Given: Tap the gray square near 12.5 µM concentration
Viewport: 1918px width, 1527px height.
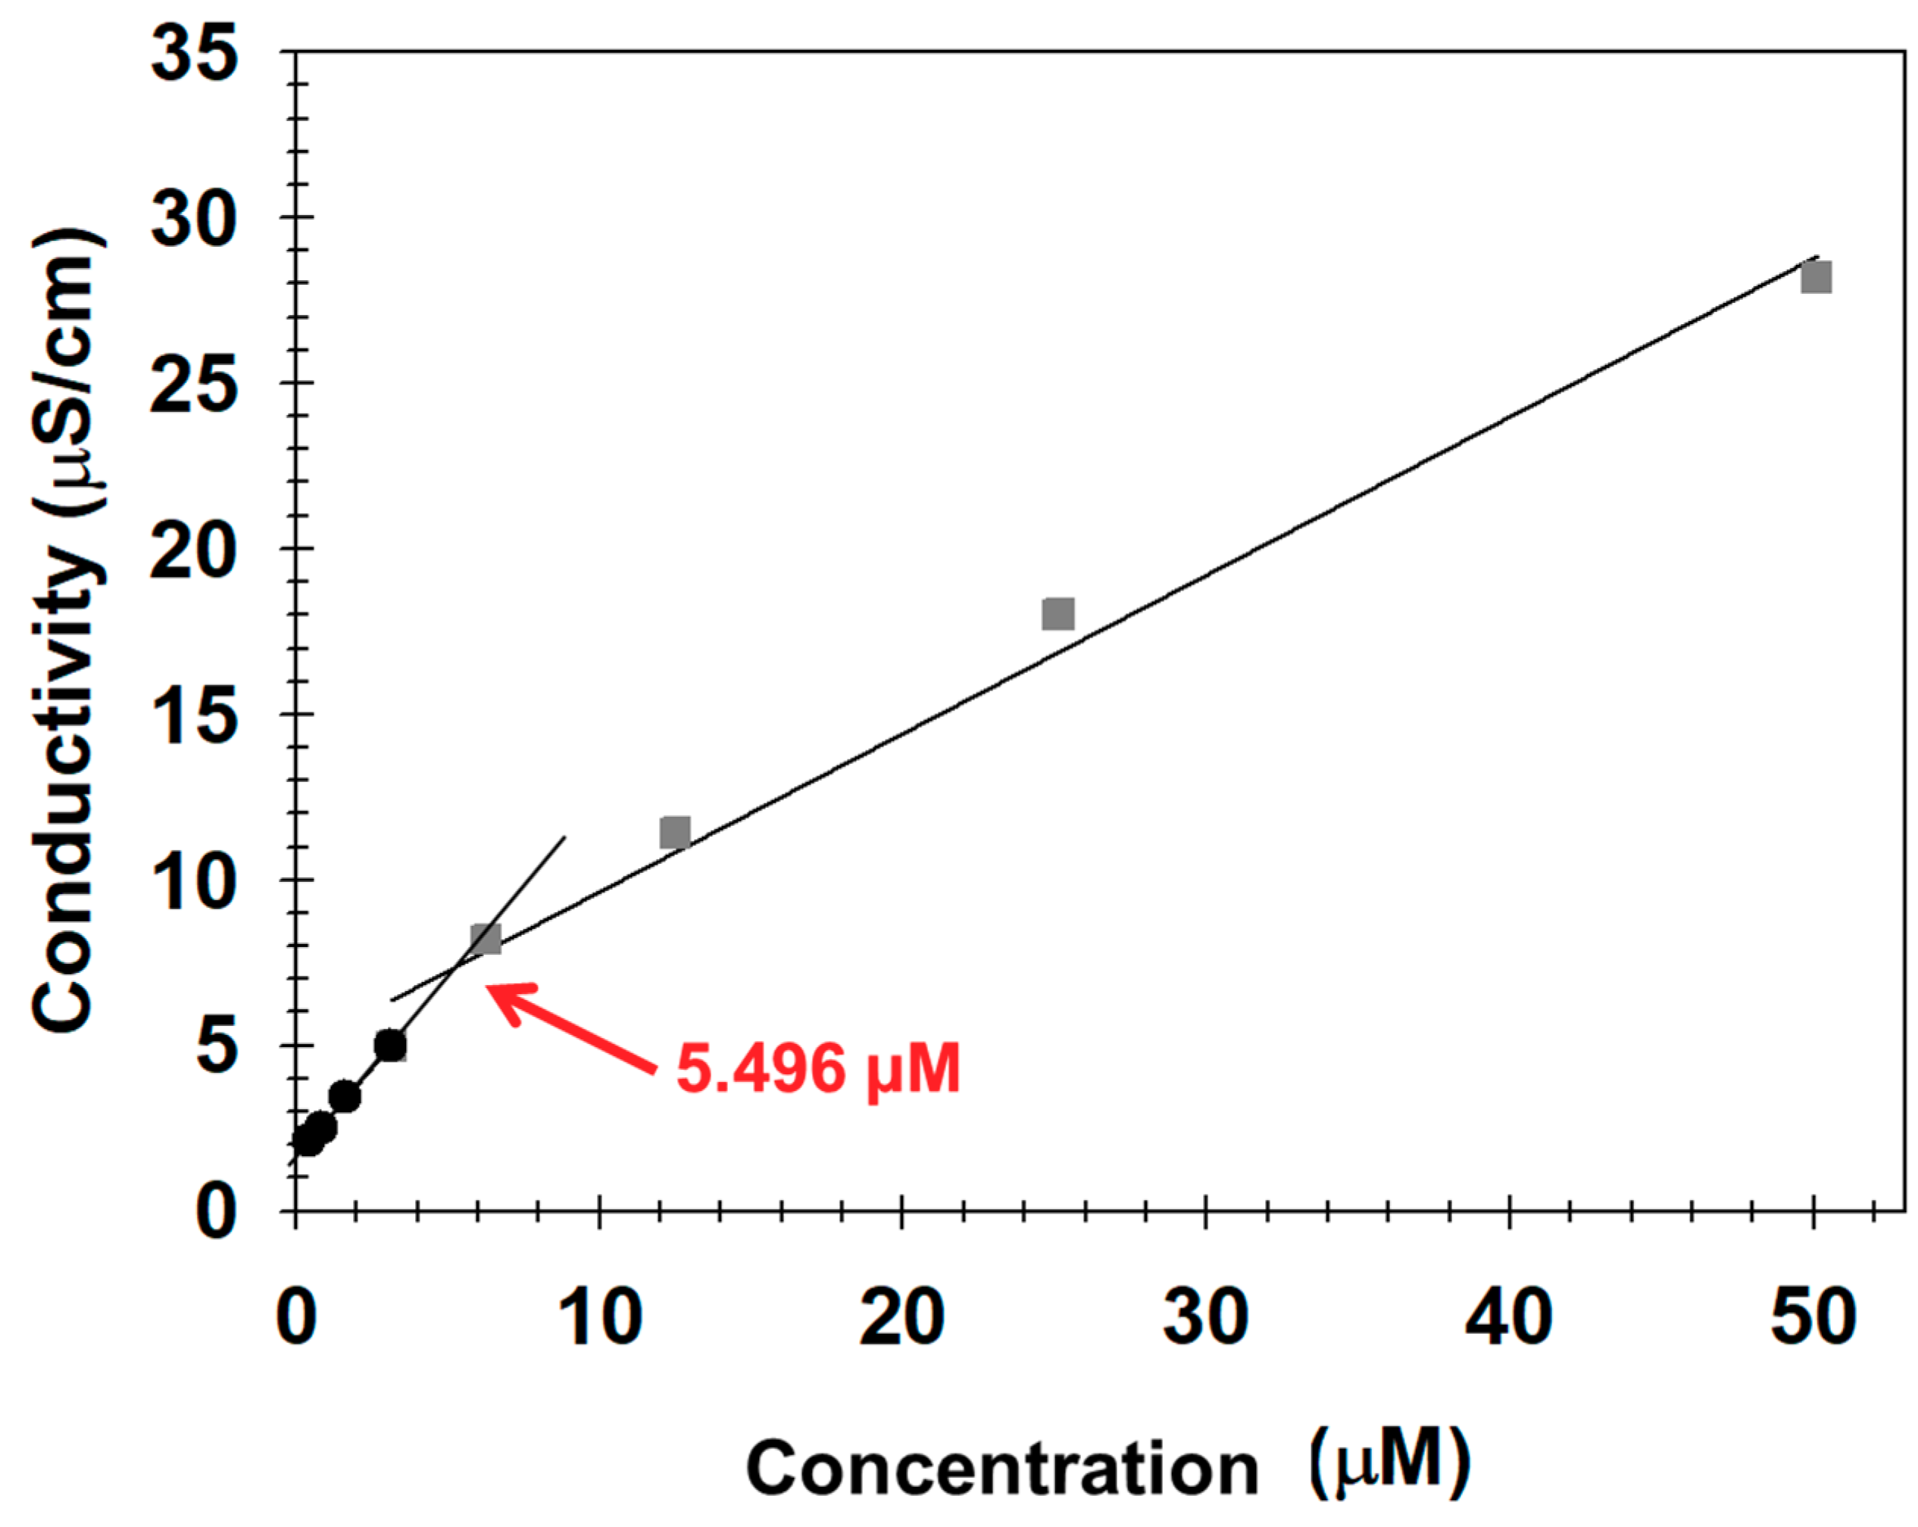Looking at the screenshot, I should tap(675, 833).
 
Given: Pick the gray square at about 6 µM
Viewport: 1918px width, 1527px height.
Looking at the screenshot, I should tap(486, 938).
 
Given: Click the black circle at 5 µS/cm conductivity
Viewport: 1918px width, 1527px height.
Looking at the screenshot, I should tap(391, 1045).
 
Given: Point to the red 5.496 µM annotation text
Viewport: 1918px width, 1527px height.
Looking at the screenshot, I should tap(818, 1068).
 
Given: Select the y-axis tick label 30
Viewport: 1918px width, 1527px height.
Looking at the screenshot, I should tap(195, 219).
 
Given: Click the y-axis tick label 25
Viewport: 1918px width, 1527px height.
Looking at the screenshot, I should tap(195, 384).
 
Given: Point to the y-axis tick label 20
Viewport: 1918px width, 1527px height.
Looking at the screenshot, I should tap(195, 550).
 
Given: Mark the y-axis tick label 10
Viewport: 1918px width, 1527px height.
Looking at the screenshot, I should tap(195, 881).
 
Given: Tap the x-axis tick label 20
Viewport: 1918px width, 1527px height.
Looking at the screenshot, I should tap(902, 1317).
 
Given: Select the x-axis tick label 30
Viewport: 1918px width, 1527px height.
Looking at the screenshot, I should tap(1205, 1317).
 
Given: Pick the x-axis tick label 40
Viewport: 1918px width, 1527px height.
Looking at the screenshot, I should tap(1509, 1317).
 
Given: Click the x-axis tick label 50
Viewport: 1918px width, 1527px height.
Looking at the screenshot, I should tap(1813, 1317).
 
